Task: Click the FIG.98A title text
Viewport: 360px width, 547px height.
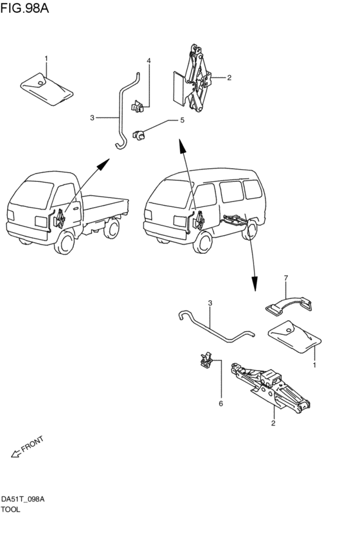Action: [x=24, y=8]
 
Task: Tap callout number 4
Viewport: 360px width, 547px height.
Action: [x=148, y=61]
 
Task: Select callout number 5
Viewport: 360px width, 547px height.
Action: [x=182, y=120]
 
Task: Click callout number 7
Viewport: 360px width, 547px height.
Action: [x=286, y=278]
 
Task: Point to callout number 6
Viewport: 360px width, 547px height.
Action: [x=221, y=404]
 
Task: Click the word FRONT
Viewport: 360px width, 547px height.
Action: [x=32, y=444]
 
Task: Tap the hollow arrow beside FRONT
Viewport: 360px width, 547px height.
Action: [x=15, y=454]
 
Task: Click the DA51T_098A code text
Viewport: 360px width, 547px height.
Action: [x=22, y=499]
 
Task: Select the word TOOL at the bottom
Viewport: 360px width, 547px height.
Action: [x=10, y=509]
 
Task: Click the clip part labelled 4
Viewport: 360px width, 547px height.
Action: [x=137, y=106]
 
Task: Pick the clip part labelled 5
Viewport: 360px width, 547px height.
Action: [x=139, y=134]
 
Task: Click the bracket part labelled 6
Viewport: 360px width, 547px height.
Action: [x=206, y=359]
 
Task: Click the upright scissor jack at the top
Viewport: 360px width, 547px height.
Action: [x=194, y=78]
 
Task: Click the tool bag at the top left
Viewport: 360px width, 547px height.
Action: [x=46, y=89]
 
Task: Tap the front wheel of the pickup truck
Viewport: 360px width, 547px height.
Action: [x=65, y=243]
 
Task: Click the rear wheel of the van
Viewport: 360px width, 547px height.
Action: [x=249, y=230]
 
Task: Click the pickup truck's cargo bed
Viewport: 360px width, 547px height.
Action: [x=105, y=210]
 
